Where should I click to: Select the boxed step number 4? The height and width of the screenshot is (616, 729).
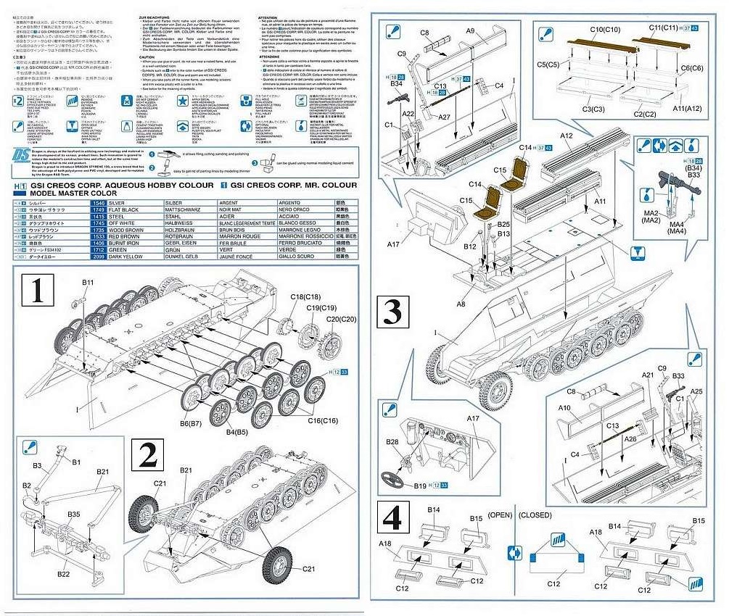tap(392, 519)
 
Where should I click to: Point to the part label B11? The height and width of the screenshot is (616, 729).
tap(88, 281)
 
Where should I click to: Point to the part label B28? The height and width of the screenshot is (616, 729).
tap(392, 441)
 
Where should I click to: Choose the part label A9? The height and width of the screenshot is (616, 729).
tap(470, 30)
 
